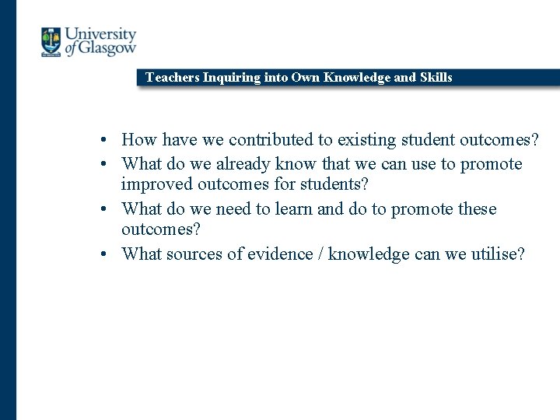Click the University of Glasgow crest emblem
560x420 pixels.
pos(51,42)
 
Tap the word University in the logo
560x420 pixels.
pos(100,35)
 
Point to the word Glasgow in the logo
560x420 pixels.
pos(108,48)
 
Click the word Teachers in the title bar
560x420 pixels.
pos(173,77)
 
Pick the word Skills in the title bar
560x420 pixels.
pos(436,77)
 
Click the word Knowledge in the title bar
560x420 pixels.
pos(356,77)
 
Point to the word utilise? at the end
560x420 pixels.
pos(498,254)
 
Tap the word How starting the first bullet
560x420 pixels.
pos(139,140)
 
